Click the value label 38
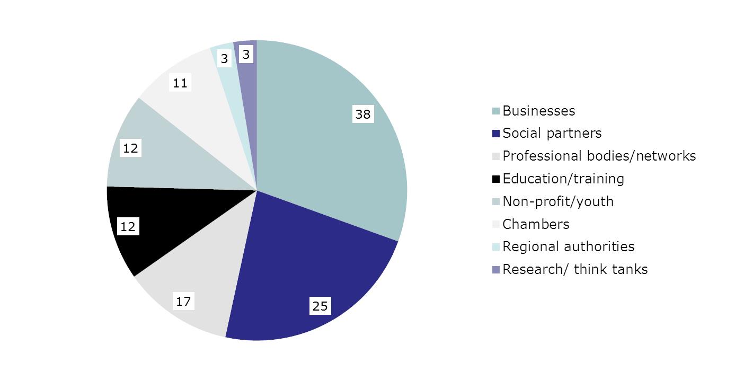point(363,114)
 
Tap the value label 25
point(320,306)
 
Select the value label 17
point(183,302)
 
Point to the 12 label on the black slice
point(128,227)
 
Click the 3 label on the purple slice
point(245,54)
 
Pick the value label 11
point(180,83)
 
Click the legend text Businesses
point(538,111)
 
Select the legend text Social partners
point(552,133)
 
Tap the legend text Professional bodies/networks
point(599,156)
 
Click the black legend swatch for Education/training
point(495,179)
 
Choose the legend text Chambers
point(536,224)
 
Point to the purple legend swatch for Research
point(495,270)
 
